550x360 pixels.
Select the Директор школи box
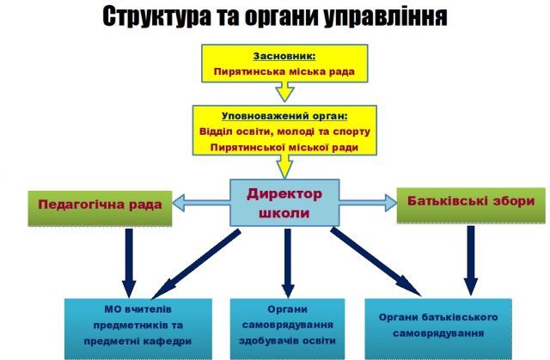point(284,204)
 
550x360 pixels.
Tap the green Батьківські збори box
point(470,202)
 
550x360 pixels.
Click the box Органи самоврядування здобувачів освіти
point(288,324)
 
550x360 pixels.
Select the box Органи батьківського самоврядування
point(438,324)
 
